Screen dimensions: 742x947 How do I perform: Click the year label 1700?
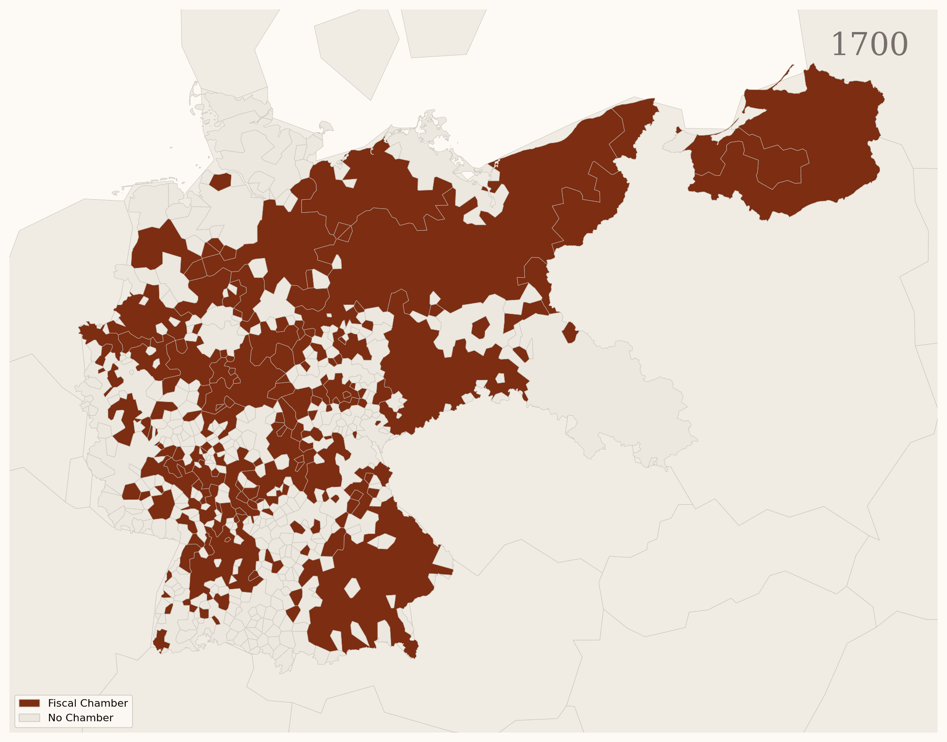869,45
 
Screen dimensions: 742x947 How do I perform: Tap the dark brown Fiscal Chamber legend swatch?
29,703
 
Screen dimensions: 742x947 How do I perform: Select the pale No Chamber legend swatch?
29,718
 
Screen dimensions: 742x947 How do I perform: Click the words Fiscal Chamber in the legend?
88,703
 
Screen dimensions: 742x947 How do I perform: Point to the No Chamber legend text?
80,718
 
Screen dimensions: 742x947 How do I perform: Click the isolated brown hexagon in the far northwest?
220,182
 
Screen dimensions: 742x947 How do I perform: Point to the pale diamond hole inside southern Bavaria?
352,588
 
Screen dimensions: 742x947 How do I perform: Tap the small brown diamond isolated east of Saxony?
570,332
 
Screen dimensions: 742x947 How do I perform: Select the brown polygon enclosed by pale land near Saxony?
481,328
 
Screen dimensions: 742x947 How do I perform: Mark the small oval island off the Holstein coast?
326,126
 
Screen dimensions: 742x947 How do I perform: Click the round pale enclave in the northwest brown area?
220,330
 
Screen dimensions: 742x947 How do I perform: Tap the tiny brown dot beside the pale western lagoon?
678,130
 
